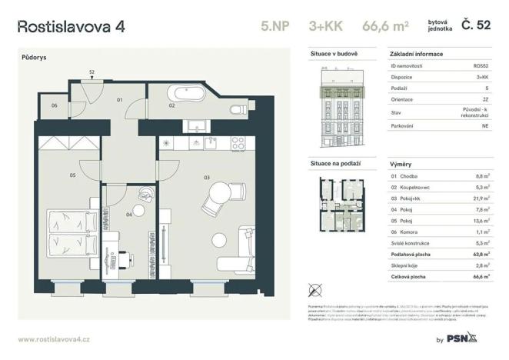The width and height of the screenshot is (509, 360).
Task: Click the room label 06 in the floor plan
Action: (55, 105)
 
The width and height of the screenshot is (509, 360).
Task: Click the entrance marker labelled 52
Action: (91, 72)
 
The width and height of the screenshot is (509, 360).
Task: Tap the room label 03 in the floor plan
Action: (206, 177)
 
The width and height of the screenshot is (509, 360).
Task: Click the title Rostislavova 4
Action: (71, 26)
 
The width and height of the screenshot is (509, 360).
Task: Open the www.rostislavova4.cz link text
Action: (54, 339)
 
